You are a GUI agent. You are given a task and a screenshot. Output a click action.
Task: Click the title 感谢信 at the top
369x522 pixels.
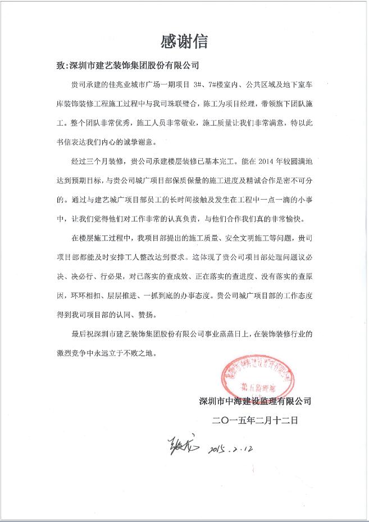click(184, 42)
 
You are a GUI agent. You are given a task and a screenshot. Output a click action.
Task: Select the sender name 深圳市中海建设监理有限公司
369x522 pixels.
click(256, 401)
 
